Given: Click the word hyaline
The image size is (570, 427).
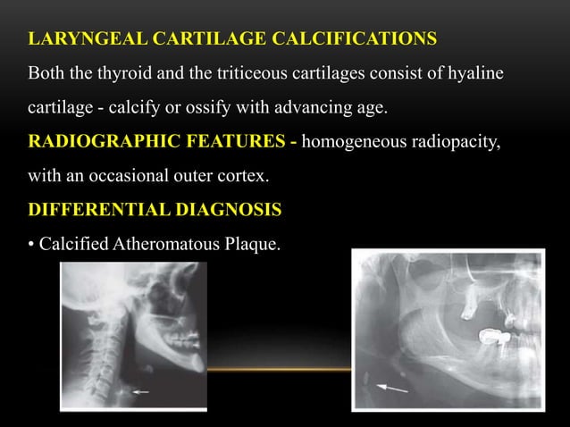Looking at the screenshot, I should coord(475,72).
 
